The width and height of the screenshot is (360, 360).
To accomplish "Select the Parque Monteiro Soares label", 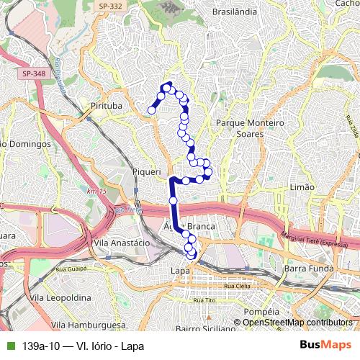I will click(251, 129).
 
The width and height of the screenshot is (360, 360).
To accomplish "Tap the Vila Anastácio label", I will click(121, 243).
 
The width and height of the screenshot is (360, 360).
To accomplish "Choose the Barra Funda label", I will click(306, 269).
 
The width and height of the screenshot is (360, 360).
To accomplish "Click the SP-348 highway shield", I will click(33, 73).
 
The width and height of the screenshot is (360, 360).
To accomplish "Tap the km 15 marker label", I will click(96, 191).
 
